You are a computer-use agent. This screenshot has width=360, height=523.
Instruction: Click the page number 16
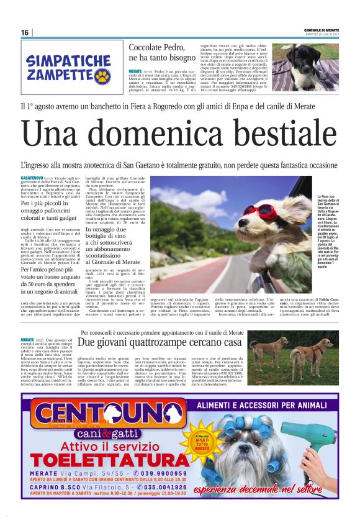tap(25, 32)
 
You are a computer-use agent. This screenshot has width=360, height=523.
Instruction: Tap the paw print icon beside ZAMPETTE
tap(102, 76)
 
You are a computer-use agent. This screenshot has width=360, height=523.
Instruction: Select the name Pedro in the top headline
tap(176, 48)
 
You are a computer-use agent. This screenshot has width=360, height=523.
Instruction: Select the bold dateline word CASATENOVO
tap(32, 178)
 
